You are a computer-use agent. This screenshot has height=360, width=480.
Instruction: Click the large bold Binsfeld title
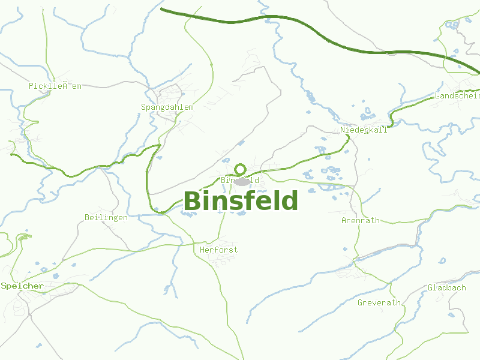tap(241, 201)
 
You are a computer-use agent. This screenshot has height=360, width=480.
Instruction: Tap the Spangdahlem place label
tap(167, 107)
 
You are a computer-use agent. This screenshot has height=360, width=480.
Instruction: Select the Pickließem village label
tap(55, 86)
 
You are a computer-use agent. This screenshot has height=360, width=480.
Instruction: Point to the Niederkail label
tap(364, 130)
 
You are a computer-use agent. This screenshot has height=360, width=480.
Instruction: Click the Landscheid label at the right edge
tap(457, 95)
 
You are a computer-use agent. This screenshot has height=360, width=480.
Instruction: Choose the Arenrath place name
tap(360, 220)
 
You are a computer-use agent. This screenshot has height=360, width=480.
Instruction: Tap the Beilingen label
tap(106, 217)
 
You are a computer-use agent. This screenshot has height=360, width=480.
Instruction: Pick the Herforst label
tap(218, 250)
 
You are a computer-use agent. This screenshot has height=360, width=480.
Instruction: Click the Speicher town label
tap(22, 286)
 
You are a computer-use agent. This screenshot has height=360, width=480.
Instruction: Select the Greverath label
tap(379, 302)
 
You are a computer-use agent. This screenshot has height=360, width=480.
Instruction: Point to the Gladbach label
tap(446, 287)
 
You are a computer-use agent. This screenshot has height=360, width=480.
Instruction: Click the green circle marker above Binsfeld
tap(241, 169)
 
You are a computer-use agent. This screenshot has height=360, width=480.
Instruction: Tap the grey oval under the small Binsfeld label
tap(242, 181)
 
